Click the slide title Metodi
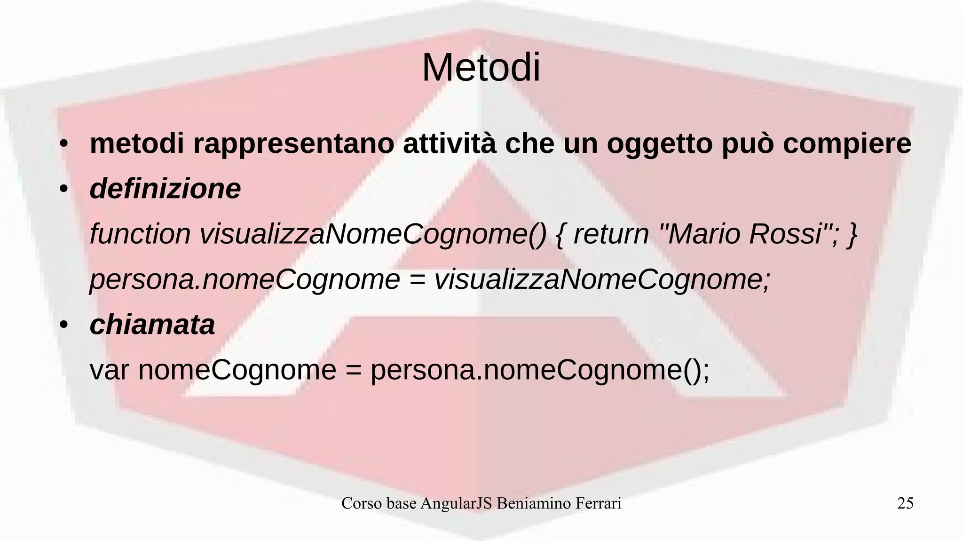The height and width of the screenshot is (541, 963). (x=481, y=68)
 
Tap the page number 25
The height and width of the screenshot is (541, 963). (x=905, y=503)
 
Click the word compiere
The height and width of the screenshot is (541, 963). (x=847, y=144)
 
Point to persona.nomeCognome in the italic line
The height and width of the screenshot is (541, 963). (x=245, y=280)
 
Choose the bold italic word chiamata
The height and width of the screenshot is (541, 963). (x=152, y=325)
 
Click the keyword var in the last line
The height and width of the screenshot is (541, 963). (x=109, y=370)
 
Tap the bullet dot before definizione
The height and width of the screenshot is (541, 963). (x=64, y=190)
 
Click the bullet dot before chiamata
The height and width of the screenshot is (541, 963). (x=64, y=326)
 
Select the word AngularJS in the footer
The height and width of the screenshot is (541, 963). (x=456, y=503)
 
